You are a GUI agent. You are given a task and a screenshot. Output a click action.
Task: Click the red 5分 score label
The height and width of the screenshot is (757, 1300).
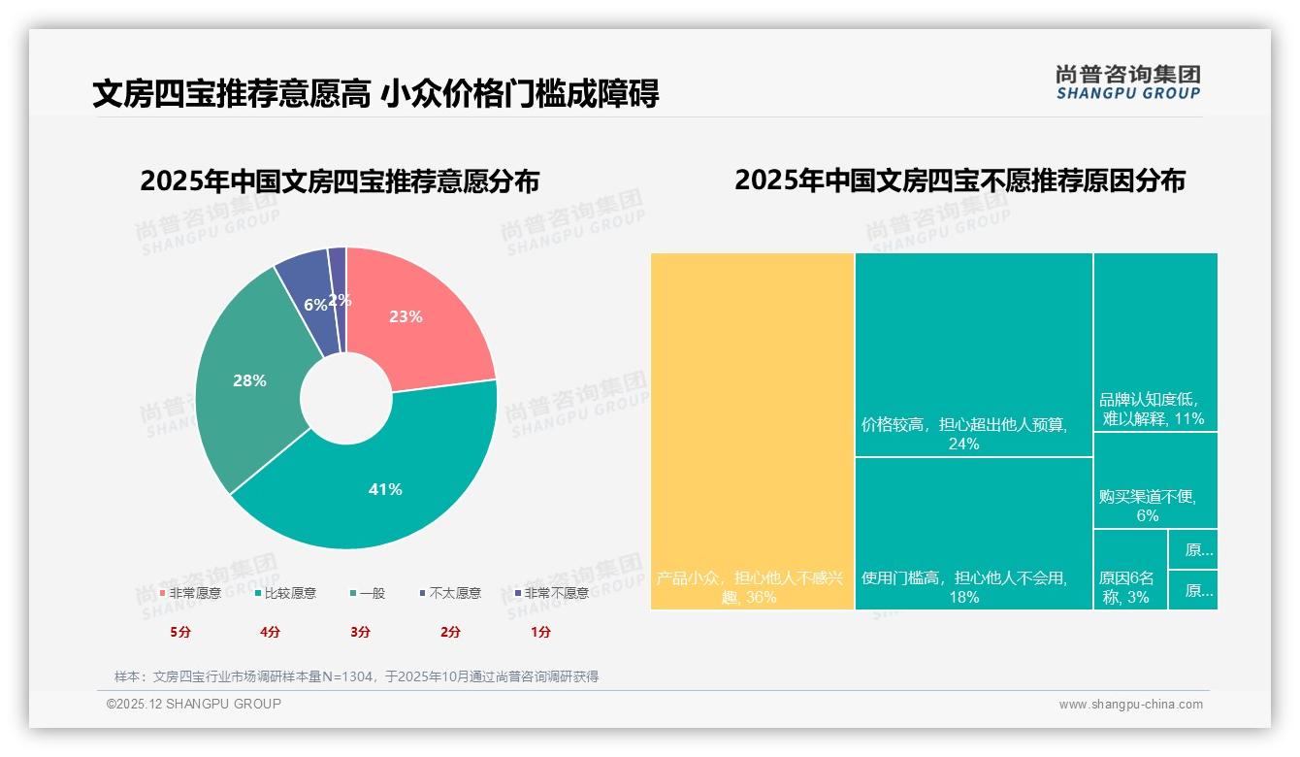pyautogui.click(x=180, y=632)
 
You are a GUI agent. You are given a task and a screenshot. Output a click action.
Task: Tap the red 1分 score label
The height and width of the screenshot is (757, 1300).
pyautogui.click(x=540, y=632)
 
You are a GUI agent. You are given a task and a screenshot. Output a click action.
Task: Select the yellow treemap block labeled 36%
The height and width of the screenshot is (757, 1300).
pyautogui.click(x=752, y=431)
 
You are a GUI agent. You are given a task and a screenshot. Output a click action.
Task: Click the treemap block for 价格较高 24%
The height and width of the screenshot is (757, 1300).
pyautogui.click(x=973, y=354)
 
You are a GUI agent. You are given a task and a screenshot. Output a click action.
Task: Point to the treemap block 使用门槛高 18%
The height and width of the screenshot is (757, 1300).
pyautogui.click(x=973, y=533)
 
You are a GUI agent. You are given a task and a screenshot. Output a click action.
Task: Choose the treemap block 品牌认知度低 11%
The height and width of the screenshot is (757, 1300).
pyautogui.click(x=1154, y=342)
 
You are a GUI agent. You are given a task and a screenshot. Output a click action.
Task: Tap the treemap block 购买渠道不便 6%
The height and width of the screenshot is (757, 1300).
pyautogui.click(x=1154, y=480)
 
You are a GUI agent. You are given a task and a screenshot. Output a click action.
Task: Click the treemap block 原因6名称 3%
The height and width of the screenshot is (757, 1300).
pyautogui.click(x=1130, y=570)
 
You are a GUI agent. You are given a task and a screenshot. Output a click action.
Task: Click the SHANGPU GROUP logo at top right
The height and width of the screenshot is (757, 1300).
pyautogui.click(x=1127, y=82)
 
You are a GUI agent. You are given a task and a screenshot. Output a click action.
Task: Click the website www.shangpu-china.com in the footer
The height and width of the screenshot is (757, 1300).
pyautogui.click(x=1130, y=705)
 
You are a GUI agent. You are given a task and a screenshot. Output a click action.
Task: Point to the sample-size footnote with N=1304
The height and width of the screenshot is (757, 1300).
pyautogui.click(x=356, y=676)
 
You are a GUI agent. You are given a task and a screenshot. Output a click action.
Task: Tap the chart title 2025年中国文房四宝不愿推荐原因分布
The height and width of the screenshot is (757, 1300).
pyautogui.click(x=959, y=181)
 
